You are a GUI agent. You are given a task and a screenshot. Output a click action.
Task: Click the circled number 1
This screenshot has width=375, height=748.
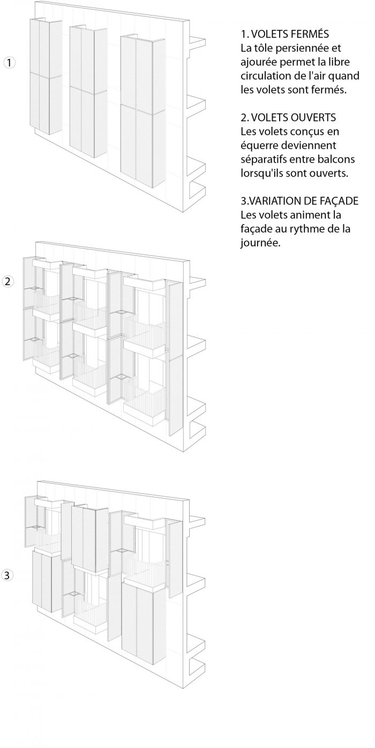[9, 63]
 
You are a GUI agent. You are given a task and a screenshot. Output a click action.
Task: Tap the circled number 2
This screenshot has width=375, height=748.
[8, 281]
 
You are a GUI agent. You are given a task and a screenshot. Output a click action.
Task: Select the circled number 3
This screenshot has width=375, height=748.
[7, 575]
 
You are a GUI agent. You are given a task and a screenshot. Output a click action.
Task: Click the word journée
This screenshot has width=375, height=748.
[260, 243]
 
